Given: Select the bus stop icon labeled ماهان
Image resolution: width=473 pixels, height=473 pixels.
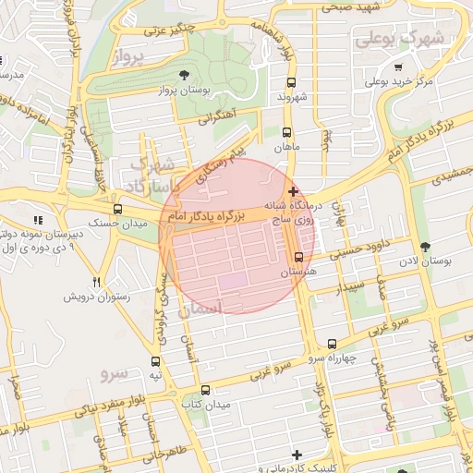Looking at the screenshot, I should (x=287, y=132).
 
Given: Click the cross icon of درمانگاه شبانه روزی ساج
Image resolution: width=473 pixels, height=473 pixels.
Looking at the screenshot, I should (x=294, y=190).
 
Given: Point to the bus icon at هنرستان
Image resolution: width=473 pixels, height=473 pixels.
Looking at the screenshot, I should (x=298, y=258).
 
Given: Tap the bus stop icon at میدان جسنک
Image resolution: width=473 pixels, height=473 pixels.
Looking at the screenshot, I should (x=116, y=209).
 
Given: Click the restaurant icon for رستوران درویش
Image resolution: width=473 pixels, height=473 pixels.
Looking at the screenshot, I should (x=96, y=281).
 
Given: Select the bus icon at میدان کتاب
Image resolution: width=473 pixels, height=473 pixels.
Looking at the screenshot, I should (x=204, y=390).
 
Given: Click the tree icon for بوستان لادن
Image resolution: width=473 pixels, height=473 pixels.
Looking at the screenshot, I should (x=424, y=247).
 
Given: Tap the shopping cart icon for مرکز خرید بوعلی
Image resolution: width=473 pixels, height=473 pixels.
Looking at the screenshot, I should (x=398, y=67).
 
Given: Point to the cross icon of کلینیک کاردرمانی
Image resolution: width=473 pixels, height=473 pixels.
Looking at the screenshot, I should (x=296, y=455).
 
